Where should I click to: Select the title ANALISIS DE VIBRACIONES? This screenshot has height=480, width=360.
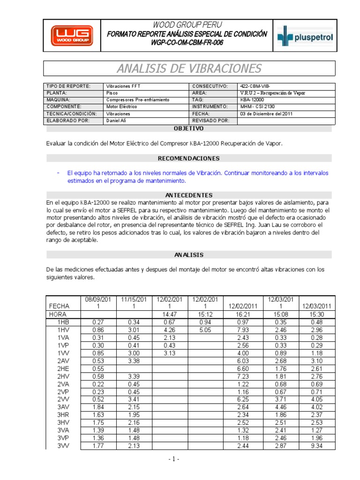189,68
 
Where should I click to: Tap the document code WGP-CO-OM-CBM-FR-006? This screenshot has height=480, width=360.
187,43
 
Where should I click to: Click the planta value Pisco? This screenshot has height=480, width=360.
112,93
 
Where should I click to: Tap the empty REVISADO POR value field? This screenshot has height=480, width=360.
286,120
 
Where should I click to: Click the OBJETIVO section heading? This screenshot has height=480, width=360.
189,128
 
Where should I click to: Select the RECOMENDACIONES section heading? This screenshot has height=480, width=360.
189,158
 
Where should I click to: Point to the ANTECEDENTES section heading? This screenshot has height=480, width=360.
189,195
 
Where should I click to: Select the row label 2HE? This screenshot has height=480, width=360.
63,369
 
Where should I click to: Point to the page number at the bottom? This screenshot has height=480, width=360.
174,459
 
